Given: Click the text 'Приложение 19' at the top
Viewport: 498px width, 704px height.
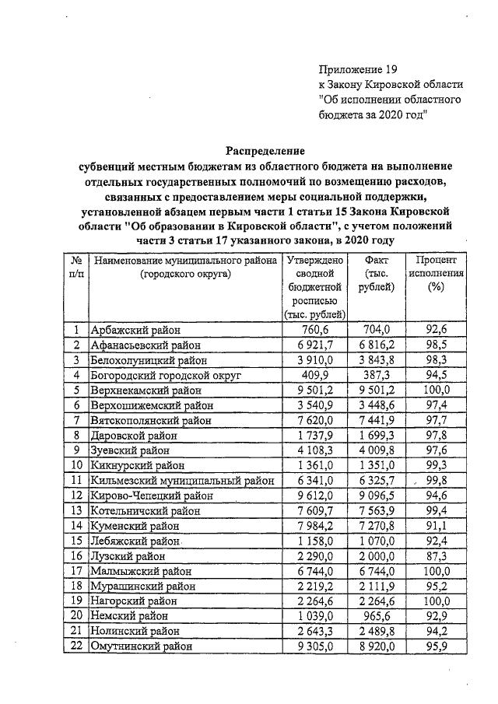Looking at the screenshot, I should click(359, 68).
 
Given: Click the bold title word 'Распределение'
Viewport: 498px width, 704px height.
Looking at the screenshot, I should click(265, 150).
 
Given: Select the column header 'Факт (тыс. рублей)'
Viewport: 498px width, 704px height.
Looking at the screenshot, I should click(377, 274).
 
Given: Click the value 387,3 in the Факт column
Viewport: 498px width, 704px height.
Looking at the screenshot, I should click(377, 374).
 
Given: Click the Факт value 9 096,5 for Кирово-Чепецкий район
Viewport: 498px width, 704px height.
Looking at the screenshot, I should click(377, 496).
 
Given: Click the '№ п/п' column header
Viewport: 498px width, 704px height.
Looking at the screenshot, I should click(76, 267).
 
